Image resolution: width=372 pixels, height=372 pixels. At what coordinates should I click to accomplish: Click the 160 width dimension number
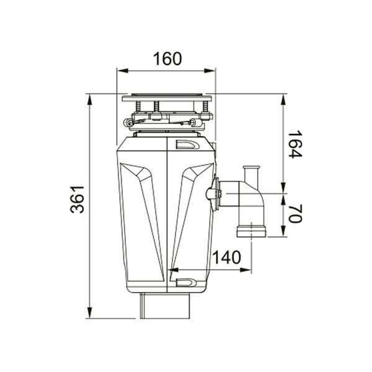[x=167, y=59]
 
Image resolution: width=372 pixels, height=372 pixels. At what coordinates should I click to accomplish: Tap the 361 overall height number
[x=77, y=199]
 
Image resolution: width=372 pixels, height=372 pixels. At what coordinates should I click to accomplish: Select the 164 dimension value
[x=294, y=144]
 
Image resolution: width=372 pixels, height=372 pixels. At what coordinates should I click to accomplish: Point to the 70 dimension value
[x=295, y=213]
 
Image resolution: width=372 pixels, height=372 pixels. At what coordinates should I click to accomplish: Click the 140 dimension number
[x=226, y=257]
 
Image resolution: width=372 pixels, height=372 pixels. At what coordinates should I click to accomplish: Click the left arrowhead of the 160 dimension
[x=123, y=71]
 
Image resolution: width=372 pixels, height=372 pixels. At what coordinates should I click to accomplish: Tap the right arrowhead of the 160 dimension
[x=210, y=71]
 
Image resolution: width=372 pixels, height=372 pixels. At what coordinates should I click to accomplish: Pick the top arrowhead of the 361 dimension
[x=89, y=100]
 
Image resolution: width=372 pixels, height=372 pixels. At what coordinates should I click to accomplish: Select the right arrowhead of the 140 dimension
[x=246, y=270]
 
